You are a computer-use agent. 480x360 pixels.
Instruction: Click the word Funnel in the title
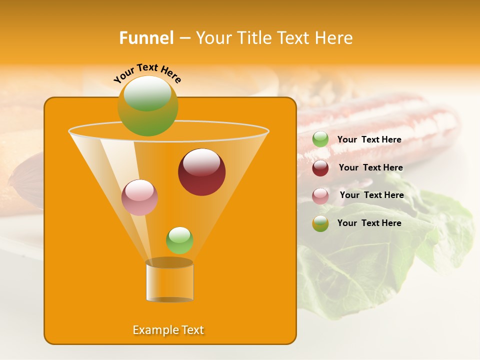pos(146,38)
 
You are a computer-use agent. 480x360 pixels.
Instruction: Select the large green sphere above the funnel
pos(147,106)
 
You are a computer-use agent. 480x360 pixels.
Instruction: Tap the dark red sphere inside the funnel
pos(201,172)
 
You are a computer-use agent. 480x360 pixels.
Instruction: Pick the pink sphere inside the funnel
pos(139,197)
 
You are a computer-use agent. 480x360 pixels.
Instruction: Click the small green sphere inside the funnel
pos(179,240)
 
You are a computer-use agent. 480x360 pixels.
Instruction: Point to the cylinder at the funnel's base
pos(169,280)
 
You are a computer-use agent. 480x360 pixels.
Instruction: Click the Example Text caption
pos(168,330)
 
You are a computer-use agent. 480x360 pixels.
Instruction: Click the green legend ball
pos(320,139)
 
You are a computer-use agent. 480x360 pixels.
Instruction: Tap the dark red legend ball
pos(320,168)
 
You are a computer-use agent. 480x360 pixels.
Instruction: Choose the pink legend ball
pos(320,196)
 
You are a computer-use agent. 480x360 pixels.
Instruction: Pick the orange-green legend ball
pos(320,223)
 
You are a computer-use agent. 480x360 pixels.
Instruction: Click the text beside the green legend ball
pos(369,140)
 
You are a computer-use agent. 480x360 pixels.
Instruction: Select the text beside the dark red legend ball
pos(370,168)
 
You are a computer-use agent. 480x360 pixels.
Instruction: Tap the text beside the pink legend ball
pos(371,195)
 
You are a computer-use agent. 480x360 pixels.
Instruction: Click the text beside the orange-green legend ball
pos(369,223)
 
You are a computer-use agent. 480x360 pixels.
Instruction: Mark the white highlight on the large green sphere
pos(147,93)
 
